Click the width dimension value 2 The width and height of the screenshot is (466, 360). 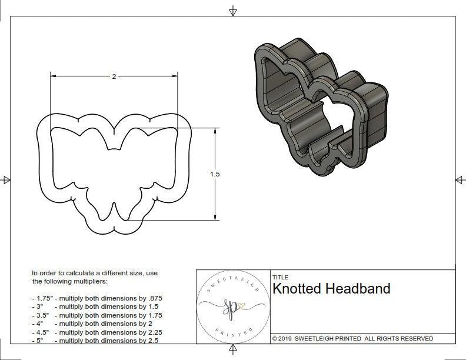coord(114,76)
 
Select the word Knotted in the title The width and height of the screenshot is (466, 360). coord(297,289)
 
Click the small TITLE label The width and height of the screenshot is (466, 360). coord(280,277)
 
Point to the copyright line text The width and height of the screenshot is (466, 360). coord(352,338)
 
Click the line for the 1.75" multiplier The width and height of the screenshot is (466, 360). coord(97,298)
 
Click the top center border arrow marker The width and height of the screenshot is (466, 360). coord(233,11)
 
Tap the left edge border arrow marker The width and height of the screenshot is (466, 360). coord(6,180)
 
